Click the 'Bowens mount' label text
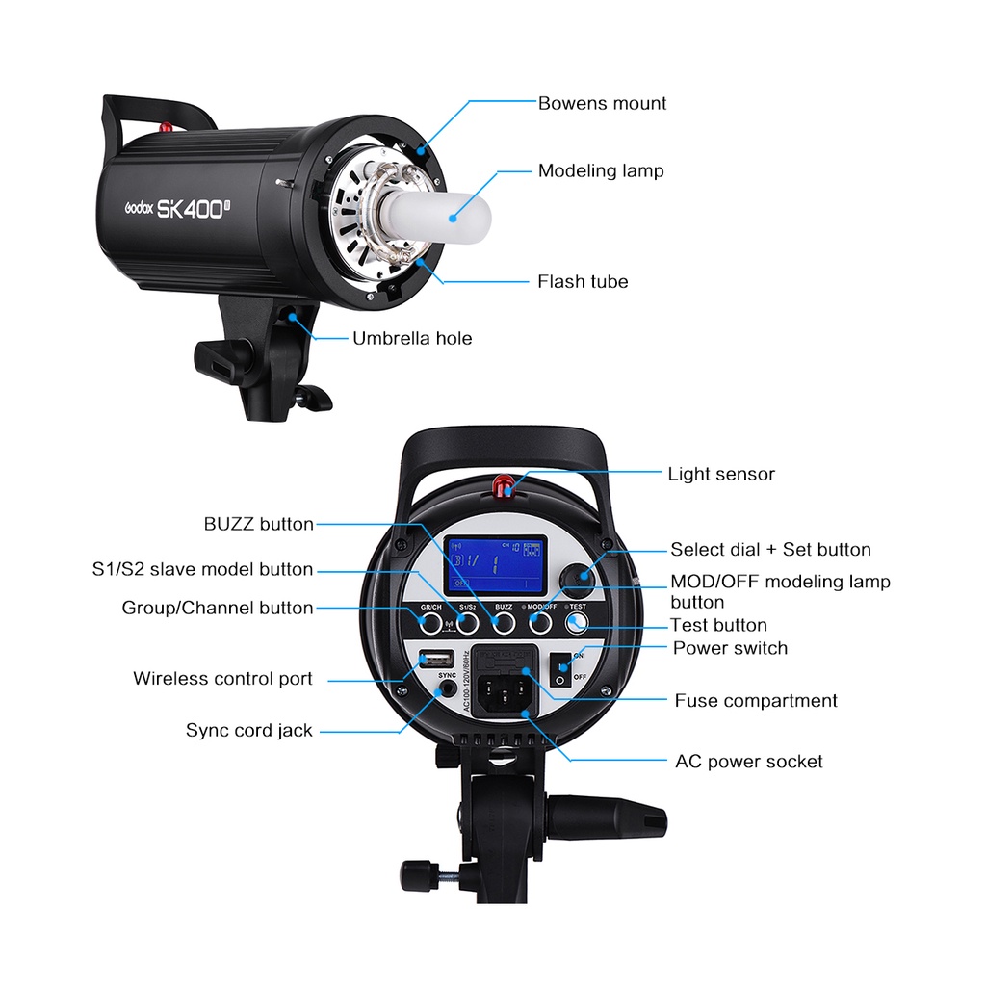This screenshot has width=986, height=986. tap(602, 103)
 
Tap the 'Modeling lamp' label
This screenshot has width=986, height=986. tap(601, 171)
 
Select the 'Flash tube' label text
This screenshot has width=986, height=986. tap(583, 282)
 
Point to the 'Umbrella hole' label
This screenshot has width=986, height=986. tap(412, 339)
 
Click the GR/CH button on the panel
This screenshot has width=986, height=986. tap(432, 624)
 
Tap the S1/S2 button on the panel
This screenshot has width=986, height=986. tap(468, 624)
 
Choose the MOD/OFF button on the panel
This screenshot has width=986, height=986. tap(539, 624)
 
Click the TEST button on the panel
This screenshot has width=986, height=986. tap(576, 624)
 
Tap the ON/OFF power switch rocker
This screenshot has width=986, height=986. tap(559, 666)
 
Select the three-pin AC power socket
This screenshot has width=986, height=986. tap(506, 691)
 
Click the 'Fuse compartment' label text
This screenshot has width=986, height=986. tap(756, 701)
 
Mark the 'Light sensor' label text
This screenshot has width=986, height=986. tap(721, 474)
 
